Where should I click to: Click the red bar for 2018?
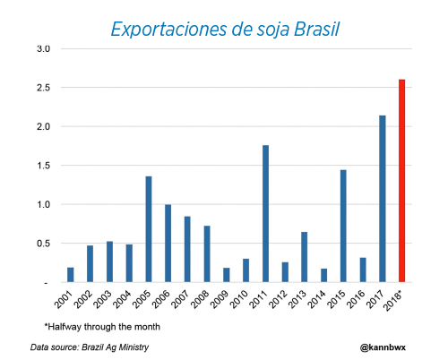tap(402, 181)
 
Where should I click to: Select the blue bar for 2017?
tap(383, 199)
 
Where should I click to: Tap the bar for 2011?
tap(265, 213)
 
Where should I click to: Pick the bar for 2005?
tap(149, 229)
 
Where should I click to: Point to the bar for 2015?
tap(343, 226)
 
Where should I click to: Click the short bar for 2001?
tap(71, 275)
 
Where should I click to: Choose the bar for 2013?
tap(305, 257)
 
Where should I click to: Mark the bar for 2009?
tap(227, 275)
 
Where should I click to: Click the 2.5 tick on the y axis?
tap(44, 88)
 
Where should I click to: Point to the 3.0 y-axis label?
tap(44, 49)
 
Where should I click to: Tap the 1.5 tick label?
tap(44, 166)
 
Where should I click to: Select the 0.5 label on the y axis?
tap(44, 244)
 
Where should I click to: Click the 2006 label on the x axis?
tap(161, 299)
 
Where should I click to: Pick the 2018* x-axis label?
tap(393, 301)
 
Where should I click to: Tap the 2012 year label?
tap(278, 299)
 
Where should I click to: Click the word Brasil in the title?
tap(316, 30)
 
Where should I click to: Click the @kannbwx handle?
tap(383, 347)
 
